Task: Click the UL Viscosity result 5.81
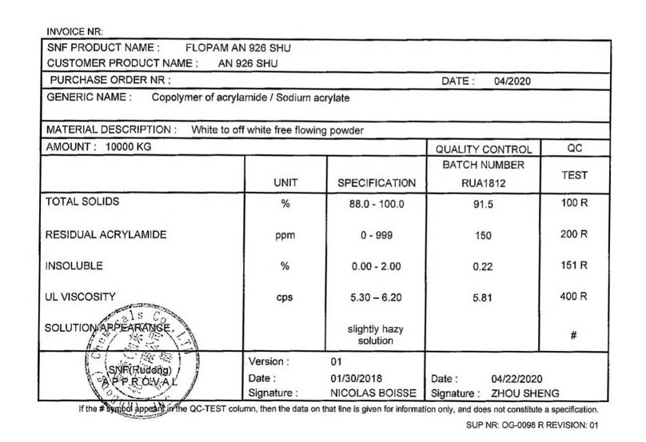tap(481, 297)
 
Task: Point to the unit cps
tap(285, 297)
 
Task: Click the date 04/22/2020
tap(520, 378)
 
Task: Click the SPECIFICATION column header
tap(377, 182)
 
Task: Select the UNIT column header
tap(285, 182)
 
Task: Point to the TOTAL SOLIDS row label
tap(83, 203)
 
